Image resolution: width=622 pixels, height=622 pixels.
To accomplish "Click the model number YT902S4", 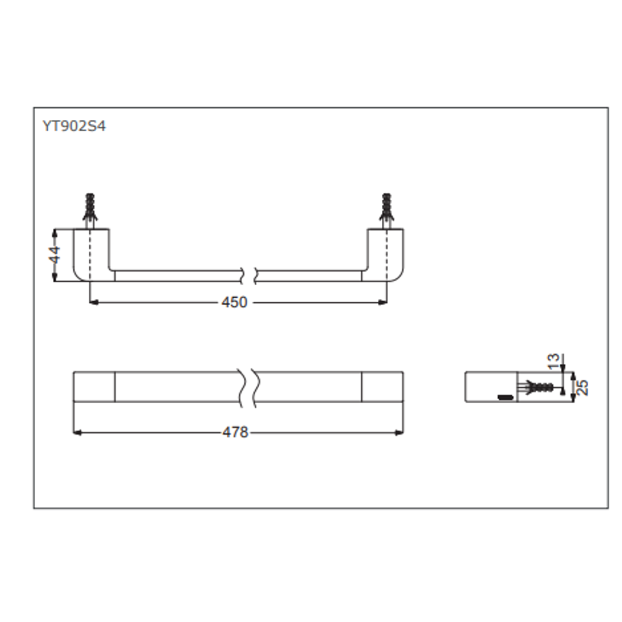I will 74,126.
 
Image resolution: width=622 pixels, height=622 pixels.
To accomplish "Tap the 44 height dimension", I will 54,255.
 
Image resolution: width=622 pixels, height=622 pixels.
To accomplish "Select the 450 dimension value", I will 234,302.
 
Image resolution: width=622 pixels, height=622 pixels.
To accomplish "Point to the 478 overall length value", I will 235,432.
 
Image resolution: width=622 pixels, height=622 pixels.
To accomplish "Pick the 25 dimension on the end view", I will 583,386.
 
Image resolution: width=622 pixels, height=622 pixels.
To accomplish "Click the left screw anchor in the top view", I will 90,208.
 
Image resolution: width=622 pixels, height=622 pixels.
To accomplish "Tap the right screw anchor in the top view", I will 387,208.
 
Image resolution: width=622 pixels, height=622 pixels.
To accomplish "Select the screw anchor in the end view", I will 537,386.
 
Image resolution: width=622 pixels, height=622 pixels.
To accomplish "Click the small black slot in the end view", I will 505,397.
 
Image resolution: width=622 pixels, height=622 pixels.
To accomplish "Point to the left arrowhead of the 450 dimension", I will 93,302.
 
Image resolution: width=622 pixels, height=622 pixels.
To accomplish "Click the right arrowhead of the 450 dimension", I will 384,302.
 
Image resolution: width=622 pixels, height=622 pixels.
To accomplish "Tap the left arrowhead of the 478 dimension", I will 77,432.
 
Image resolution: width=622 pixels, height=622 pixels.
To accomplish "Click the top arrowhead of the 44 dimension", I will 55,232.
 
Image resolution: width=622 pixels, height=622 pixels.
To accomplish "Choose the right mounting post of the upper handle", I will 385,253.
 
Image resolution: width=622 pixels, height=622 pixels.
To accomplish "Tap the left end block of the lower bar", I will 94,386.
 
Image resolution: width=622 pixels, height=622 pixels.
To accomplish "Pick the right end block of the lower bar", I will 382,386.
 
